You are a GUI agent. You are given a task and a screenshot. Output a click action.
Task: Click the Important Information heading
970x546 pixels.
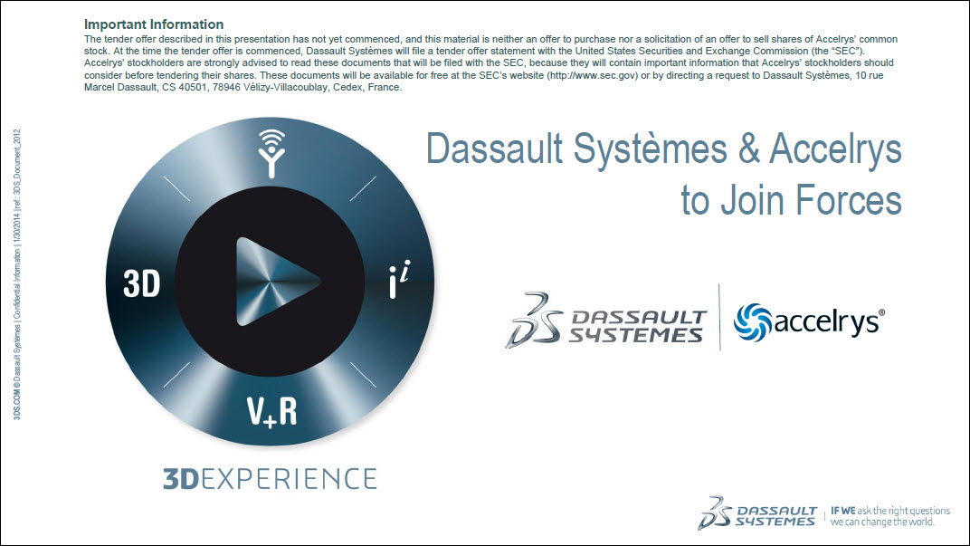point(153,24)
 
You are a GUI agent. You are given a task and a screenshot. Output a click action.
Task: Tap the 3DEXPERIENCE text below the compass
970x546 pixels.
point(269,478)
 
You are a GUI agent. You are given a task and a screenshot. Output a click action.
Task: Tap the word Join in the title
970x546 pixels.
point(753,200)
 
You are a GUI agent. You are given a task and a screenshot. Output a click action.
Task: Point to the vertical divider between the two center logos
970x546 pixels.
point(719,317)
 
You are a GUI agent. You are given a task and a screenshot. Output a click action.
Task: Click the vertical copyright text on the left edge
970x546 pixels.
point(17,272)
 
